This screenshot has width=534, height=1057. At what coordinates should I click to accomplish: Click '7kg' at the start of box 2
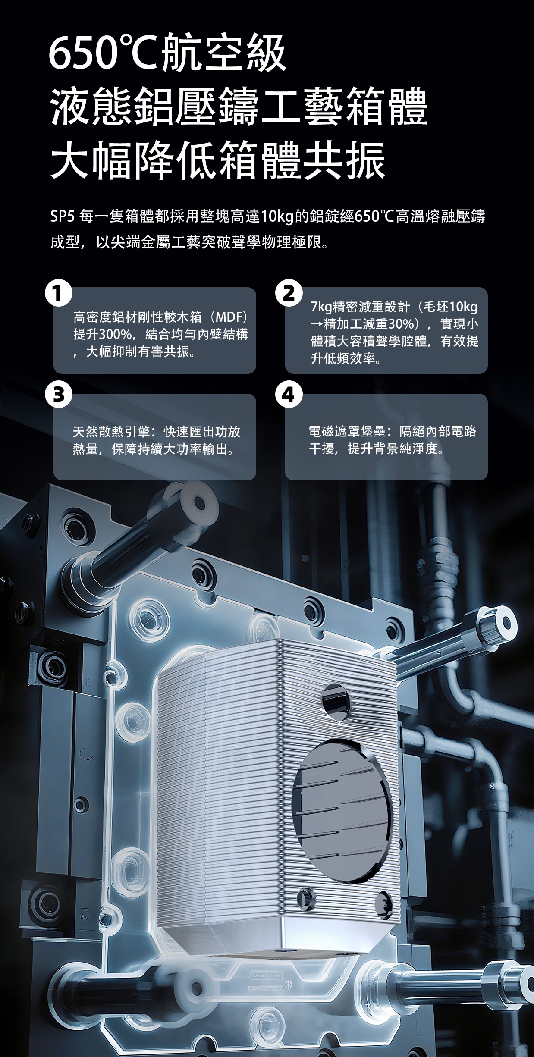[x=321, y=307]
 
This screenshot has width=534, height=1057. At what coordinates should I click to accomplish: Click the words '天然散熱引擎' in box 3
[x=112, y=432]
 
